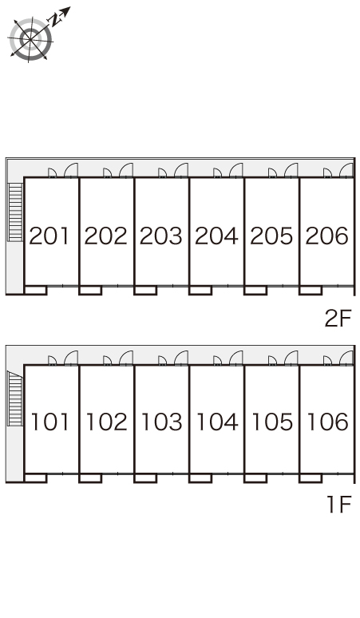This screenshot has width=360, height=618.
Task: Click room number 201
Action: pos(49,236)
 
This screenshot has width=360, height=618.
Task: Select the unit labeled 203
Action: pos(160,236)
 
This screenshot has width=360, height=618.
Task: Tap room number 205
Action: pos(271,236)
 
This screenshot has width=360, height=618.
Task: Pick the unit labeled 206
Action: pos(327,236)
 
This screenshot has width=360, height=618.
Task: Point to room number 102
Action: pos(106,422)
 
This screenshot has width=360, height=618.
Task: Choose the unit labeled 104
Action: pos(217,422)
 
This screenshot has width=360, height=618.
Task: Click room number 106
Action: pos(328,422)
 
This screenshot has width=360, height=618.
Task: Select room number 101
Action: pos(50,422)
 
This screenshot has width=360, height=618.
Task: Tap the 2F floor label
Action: pos(338,319)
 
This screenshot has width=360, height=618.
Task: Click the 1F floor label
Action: pos(338,505)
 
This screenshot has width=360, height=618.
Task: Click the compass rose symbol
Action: pos(30,39)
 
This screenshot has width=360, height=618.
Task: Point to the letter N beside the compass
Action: pos(55,20)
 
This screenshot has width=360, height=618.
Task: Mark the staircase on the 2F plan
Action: pos(15,212)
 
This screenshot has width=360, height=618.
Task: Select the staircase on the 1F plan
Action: pos(15,398)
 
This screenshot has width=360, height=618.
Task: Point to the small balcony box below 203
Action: pos(145,291)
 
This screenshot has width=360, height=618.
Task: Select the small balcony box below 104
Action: pos(200,478)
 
